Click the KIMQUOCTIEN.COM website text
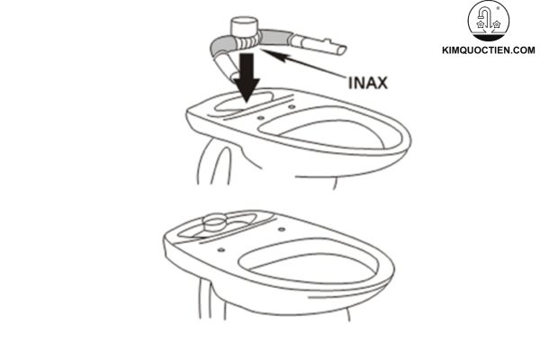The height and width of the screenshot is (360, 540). (489, 52)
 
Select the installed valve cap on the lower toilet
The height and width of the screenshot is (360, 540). (214, 220)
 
